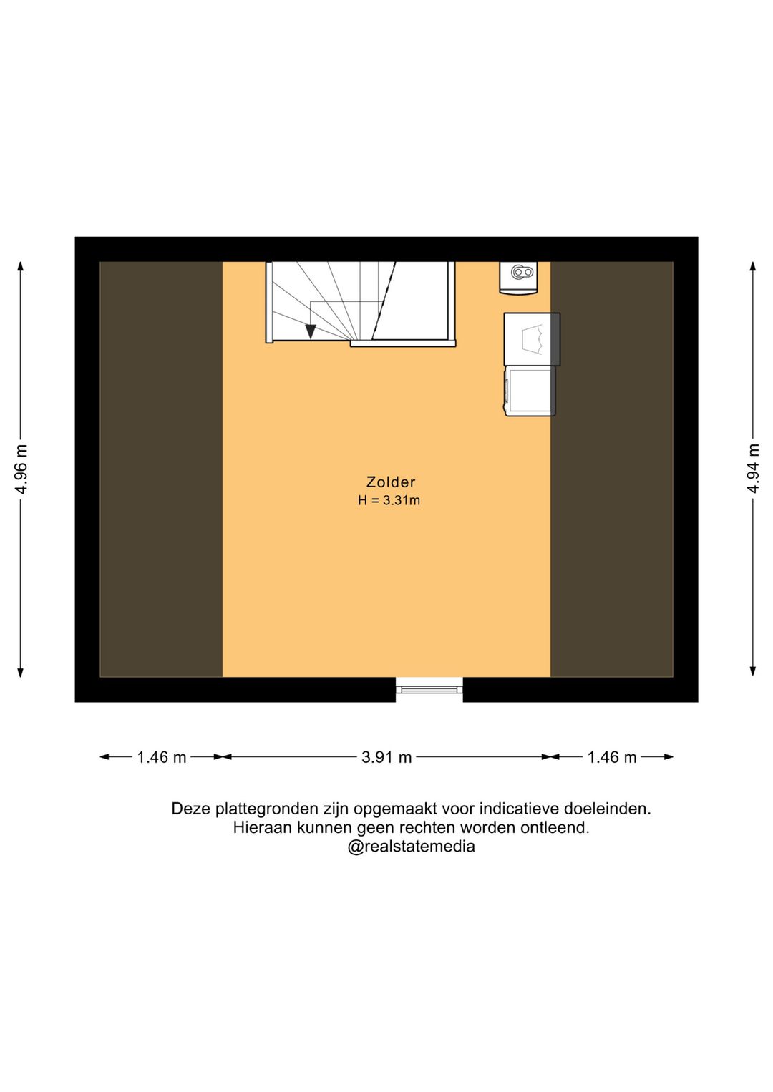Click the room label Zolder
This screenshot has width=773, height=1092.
pos(390,482)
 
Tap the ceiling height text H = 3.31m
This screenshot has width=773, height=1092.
pos(389,501)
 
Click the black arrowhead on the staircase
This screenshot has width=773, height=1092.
pos(311,331)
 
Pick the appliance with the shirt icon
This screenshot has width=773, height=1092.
pos(532,339)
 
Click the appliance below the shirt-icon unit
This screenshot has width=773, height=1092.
pos(530,391)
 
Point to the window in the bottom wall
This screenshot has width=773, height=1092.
pos(429,689)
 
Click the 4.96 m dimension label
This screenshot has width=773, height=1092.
pos(21,469)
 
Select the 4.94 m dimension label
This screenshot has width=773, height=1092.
pos(753,468)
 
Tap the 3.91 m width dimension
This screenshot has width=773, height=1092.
pos(386,757)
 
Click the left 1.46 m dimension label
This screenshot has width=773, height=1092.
pos(162,757)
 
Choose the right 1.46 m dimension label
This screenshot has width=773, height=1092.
pos(612,757)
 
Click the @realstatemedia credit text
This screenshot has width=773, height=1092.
pos(411,847)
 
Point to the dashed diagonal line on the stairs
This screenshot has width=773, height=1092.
pos(384,301)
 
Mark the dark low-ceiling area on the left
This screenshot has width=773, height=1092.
pos(161,469)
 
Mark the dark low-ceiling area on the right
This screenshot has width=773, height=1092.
pos(612,469)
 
